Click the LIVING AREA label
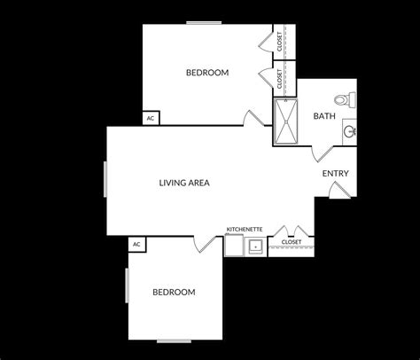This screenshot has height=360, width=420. pyautogui.click(x=183, y=184)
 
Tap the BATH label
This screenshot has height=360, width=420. pyautogui.click(x=323, y=116)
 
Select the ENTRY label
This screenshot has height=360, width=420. pyautogui.click(x=335, y=174)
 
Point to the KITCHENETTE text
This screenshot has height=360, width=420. pyautogui.click(x=244, y=229)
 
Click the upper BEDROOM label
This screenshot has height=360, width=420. pyautogui.click(x=207, y=73)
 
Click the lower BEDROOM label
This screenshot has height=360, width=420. pyautogui.click(x=174, y=292)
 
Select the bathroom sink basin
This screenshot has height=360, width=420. pyautogui.click(x=350, y=132)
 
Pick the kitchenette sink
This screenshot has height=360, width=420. pyautogui.click(x=255, y=246)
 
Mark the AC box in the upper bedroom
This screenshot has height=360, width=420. pyautogui.click(x=151, y=118)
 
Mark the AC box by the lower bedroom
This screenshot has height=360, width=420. pyautogui.click(x=136, y=244)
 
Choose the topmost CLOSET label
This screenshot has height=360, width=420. pyautogui.click(x=281, y=42)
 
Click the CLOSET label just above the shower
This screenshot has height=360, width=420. pyautogui.click(x=281, y=80)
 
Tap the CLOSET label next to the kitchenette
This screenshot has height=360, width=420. pyautogui.click(x=291, y=241)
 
